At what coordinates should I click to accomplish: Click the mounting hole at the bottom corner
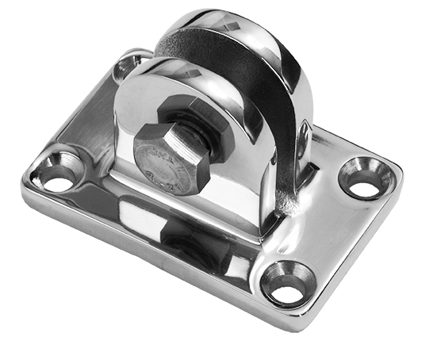click(x=287, y=284)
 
